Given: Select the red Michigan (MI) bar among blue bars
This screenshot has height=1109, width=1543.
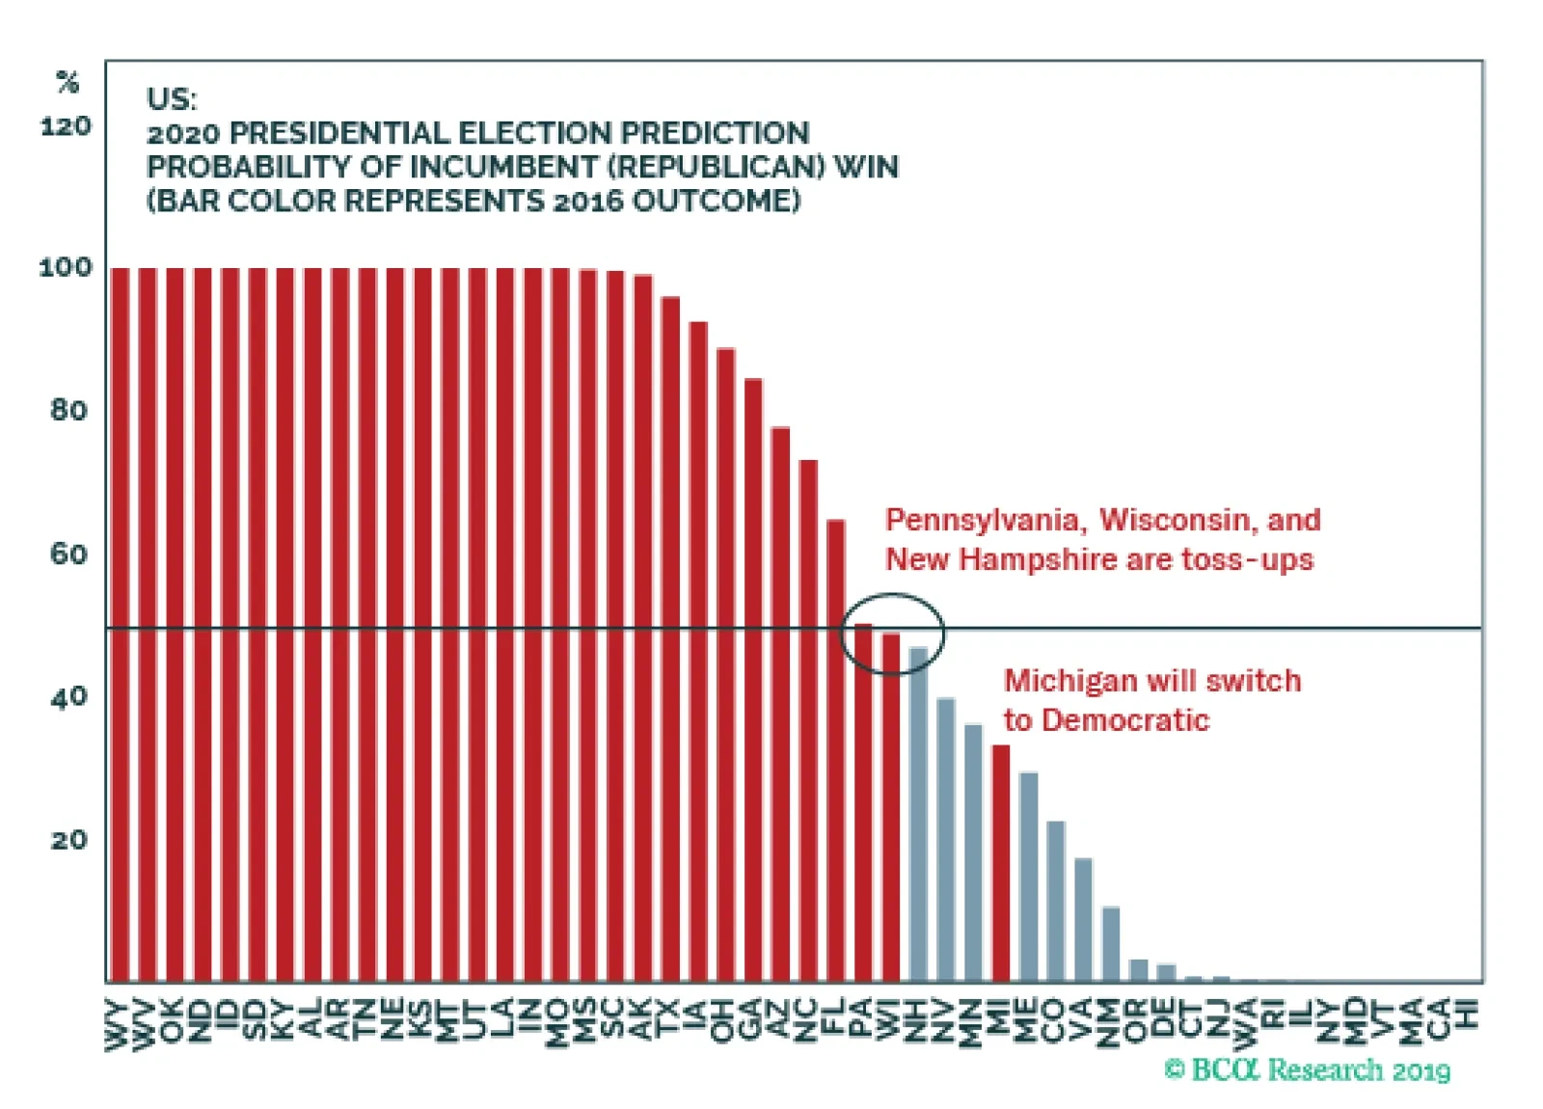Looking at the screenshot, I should [1001, 862].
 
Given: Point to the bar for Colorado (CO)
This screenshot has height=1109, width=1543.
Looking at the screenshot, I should [1056, 901].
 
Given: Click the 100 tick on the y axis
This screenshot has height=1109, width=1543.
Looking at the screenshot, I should [66, 267].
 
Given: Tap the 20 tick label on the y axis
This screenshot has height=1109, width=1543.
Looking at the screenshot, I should [68, 840].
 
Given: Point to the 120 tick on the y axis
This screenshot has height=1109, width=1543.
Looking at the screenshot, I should [66, 126].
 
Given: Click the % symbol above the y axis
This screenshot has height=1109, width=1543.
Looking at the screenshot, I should [68, 83].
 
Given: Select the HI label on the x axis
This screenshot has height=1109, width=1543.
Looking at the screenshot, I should [1468, 1015].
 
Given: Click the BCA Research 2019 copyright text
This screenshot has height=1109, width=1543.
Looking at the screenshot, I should [1308, 1069].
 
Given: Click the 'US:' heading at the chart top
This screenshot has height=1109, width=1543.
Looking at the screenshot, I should [171, 98].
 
